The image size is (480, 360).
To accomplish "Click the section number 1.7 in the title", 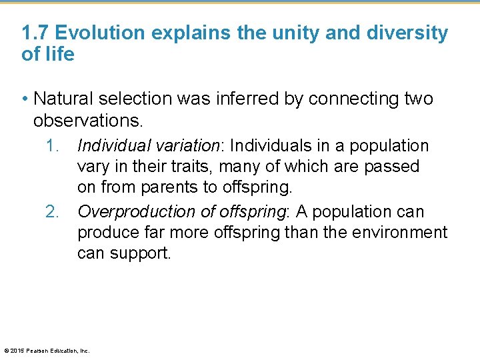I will click(35, 33).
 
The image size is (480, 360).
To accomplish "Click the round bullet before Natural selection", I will click(25, 99).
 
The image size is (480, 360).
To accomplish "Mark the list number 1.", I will click(53, 145).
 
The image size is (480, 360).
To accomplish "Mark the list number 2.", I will click(53, 211).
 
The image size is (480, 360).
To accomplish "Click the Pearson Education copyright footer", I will click(47, 350).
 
